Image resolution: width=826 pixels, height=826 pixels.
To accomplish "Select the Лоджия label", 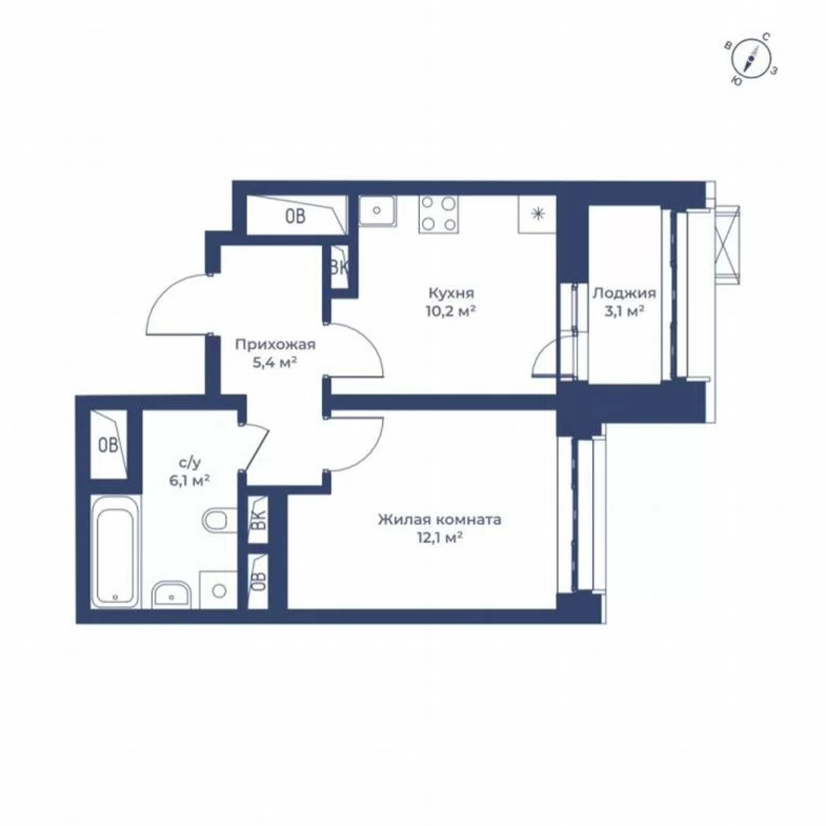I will (x=624, y=293).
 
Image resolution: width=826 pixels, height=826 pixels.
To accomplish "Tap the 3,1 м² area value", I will (x=624, y=311).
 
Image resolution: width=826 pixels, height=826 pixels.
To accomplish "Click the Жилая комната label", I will (x=439, y=520).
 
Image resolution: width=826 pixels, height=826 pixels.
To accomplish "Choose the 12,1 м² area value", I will (x=439, y=538).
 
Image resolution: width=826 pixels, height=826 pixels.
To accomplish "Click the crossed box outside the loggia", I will (x=728, y=244).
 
